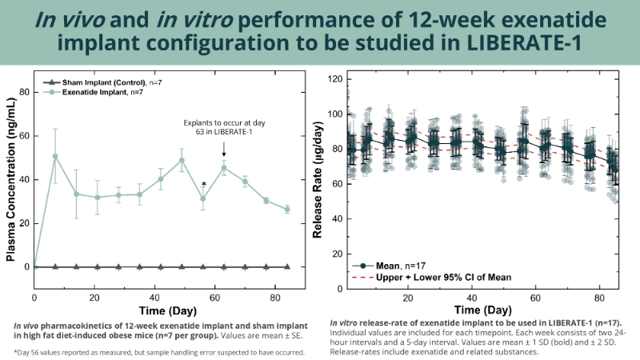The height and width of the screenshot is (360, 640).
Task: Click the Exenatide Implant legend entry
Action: tap(95, 94)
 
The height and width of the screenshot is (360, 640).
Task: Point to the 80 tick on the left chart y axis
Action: tap(25, 92)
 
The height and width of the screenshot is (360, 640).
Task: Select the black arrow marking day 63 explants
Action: tap(224, 148)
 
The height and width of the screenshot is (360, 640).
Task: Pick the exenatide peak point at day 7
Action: tap(55, 156)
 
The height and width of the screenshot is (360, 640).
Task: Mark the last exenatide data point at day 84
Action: tap(287, 209)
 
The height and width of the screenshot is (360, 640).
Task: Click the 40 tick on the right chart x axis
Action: tap(471, 297)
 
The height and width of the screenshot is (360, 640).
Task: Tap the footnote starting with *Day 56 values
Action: tap(159, 351)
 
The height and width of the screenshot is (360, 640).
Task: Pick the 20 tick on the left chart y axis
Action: tap(25, 223)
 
